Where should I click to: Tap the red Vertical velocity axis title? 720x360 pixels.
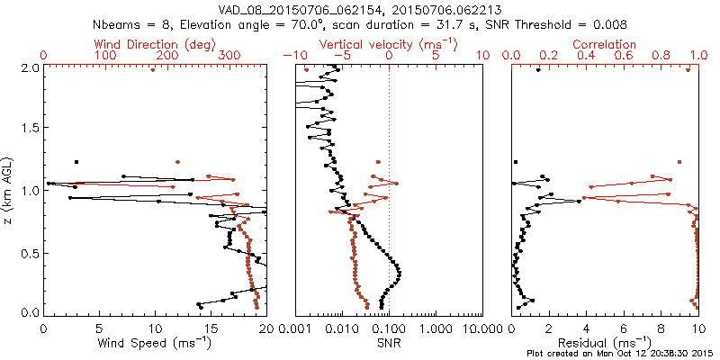(388, 44)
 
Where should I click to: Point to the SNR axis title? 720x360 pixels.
(388, 343)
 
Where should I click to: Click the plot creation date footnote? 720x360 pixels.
(621, 354)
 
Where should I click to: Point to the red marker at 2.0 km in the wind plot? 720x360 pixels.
(153, 69)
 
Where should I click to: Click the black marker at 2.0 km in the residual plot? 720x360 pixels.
(538, 70)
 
